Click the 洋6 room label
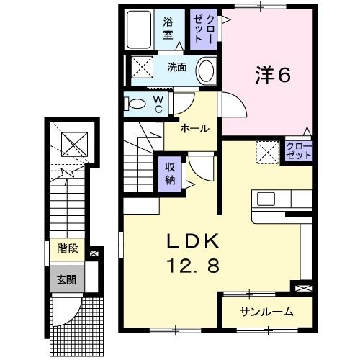pos(273,76)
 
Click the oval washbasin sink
pos(206,71)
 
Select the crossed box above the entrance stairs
pos(72,145)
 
